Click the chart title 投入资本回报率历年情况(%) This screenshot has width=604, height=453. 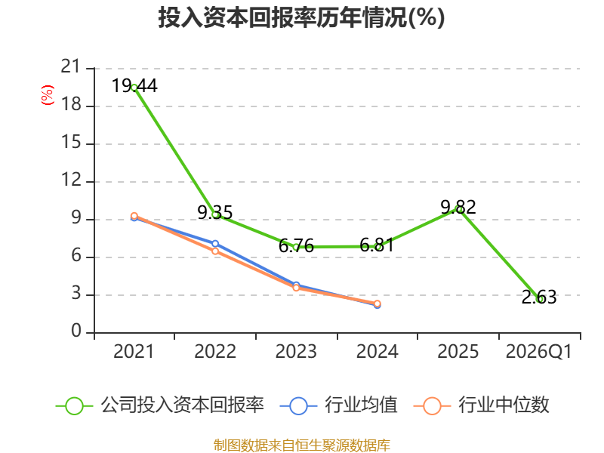(301, 17)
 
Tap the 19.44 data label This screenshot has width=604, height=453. (134, 85)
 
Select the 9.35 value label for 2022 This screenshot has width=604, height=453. (215, 212)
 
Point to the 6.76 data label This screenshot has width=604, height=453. (296, 246)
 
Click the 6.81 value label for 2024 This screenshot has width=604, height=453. (377, 245)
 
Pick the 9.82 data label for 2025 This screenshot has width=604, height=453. (458, 207)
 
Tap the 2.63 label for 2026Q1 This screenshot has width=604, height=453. (539, 297)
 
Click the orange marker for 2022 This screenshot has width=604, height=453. (215, 251)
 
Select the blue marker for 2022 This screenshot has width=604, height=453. (215, 243)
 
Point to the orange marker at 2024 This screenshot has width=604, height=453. (377, 304)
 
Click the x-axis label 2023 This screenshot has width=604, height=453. (296, 352)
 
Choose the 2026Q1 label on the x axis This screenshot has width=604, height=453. (539, 352)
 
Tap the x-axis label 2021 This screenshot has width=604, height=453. (134, 352)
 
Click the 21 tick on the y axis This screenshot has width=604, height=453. (71, 66)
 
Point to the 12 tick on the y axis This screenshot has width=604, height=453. (71, 180)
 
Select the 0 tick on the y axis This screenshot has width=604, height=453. (76, 331)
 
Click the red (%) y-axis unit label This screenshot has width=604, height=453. (48, 95)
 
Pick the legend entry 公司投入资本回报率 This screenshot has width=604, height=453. (160, 405)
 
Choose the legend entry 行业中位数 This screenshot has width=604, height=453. (482, 405)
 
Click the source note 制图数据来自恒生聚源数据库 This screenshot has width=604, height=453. (302, 445)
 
